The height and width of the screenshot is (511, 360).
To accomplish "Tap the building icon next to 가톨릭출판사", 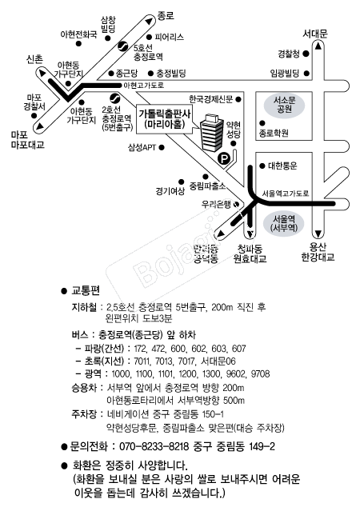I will click(x=211, y=134).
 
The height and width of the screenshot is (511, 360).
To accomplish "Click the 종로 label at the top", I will click(x=165, y=15).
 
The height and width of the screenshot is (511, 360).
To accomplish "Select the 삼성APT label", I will click(x=141, y=147).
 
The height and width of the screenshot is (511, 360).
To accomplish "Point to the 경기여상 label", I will click(x=170, y=190).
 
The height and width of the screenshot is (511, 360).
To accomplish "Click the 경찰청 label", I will click(x=289, y=54).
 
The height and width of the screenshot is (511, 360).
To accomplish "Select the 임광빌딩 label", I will click(x=285, y=74).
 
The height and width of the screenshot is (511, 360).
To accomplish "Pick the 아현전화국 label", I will click(x=79, y=35).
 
